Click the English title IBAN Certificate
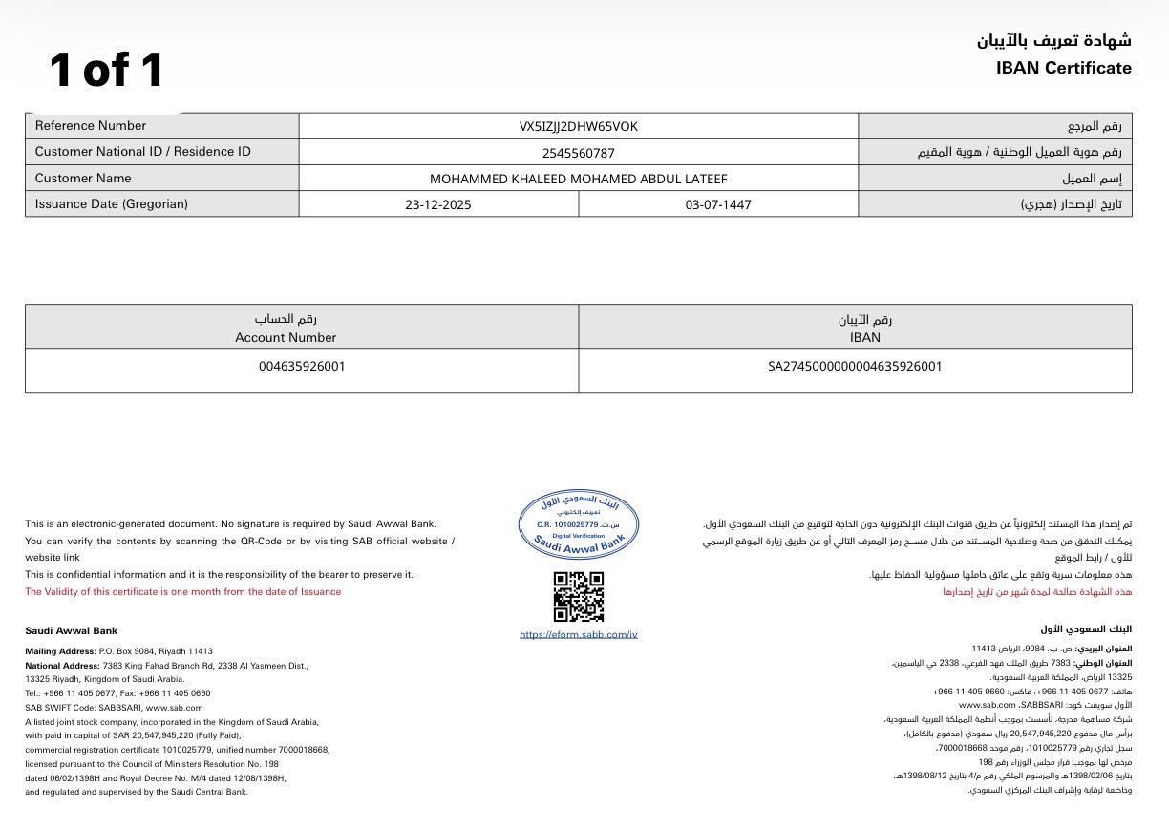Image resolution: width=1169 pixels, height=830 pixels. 1063,68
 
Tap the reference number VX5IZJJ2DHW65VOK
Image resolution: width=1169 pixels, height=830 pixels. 578,126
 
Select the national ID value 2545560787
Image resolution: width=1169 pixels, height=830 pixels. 578,152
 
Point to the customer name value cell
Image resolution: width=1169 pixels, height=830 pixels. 578,179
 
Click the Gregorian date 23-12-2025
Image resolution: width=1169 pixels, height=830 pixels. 437,204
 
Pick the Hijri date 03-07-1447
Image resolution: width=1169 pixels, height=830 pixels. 718,204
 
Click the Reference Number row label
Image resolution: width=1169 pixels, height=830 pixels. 91,126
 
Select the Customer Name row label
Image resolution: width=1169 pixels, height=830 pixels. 83,179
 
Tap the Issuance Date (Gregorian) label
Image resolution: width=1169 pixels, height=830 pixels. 112,204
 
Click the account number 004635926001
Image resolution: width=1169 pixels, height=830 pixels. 302,366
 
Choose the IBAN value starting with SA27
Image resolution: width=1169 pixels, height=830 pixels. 855,366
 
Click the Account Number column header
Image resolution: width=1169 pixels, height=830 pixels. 286,337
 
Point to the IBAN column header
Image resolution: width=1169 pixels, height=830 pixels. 863,337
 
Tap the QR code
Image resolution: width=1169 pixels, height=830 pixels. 579,596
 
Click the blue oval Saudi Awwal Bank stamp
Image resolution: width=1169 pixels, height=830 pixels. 579,525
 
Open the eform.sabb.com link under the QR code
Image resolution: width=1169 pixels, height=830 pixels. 579,634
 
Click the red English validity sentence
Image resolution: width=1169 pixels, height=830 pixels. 182,592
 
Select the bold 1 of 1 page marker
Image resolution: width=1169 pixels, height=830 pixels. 107,71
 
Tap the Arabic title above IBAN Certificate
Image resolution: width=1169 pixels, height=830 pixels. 1053,41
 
